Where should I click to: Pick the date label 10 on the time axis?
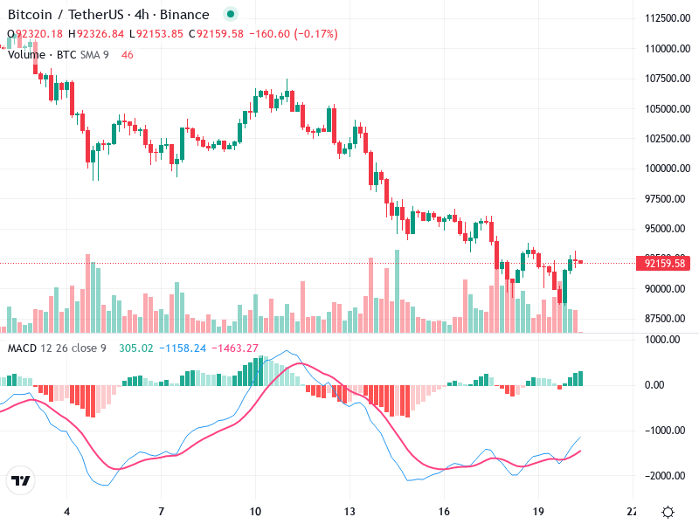(255, 511)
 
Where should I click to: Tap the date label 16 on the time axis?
(444, 511)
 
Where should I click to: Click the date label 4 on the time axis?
(66, 511)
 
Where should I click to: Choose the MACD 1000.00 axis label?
(663, 340)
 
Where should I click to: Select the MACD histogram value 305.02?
(135, 348)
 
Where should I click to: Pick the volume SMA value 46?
(128, 55)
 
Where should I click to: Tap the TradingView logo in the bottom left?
(20, 480)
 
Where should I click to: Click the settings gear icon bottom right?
(668, 512)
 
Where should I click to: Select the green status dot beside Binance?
(230, 15)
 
